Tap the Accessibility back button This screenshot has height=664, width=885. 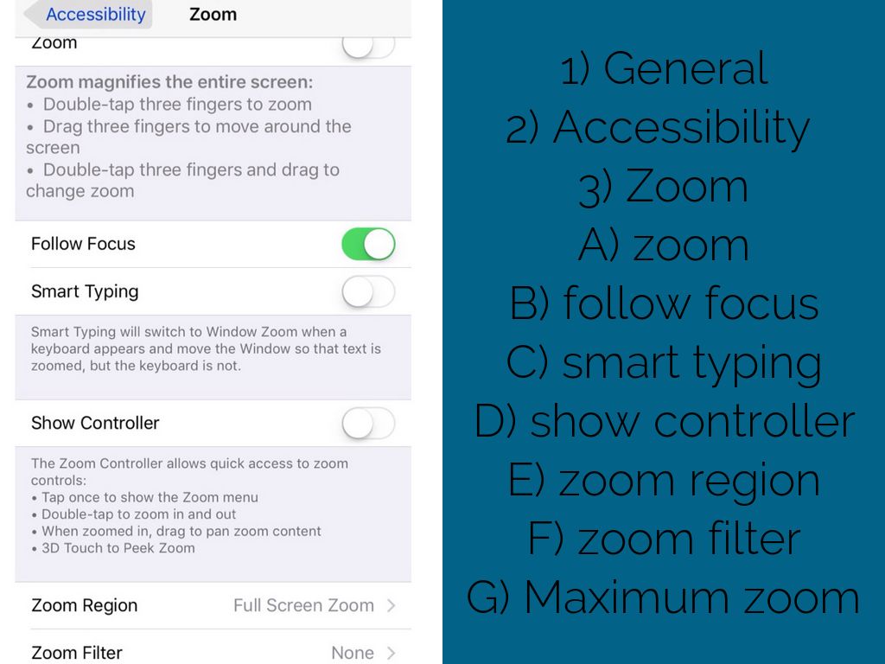click(x=89, y=14)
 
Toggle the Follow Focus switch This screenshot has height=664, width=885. click(x=368, y=244)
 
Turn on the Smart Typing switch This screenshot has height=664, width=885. click(x=368, y=291)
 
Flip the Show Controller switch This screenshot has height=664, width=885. click(x=368, y=423)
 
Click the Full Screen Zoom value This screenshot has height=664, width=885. click(x=303, y=605)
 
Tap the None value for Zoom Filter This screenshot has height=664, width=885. click(x=353, y=653)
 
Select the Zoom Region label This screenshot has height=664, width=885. click(x=84, y=605)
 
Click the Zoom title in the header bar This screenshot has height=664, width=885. click(x=213, y=14)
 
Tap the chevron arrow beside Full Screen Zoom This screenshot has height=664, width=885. click(x=392, y=605)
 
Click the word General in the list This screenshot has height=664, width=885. click(x=685, y=68)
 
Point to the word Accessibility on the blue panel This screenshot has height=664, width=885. click(x=681, y=128)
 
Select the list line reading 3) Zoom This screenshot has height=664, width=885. click(x=663, y=187)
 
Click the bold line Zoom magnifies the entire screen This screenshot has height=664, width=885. click(x=169, y=82)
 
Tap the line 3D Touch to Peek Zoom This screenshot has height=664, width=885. click(x=118, y=548)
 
